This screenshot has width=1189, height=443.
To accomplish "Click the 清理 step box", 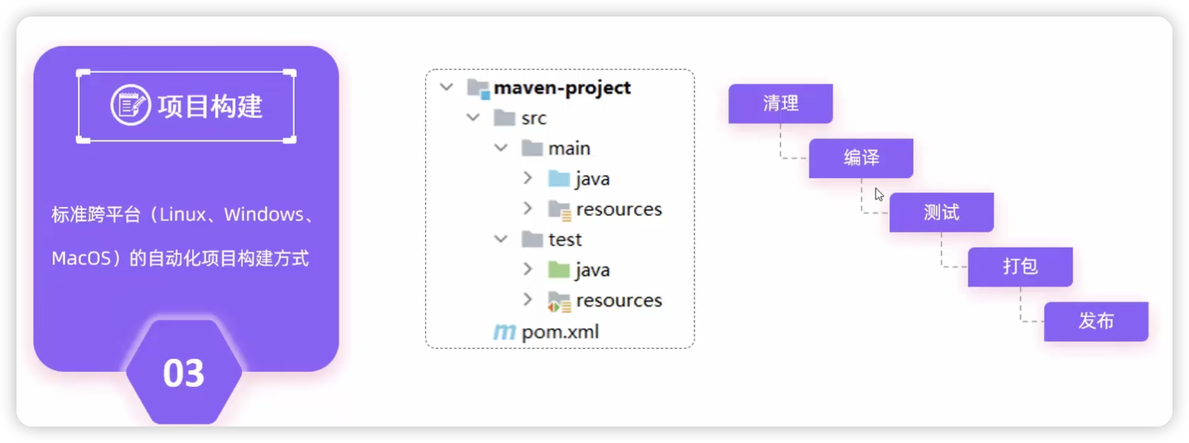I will click(x=780, y=104).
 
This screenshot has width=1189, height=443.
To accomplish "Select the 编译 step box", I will click(x=861, y=158).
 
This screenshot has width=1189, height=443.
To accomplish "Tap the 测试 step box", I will click(x=941, y=212).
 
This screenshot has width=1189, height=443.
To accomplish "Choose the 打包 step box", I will click(x=1020, y=266).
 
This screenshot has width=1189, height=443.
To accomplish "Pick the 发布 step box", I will click(x=1096, y=321).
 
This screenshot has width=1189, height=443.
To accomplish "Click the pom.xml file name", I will click(x=560, y=332).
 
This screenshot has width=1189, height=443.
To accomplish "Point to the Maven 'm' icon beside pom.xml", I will click(x=504, y=332).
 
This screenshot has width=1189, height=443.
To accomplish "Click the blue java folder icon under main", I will click(x=558, y=178).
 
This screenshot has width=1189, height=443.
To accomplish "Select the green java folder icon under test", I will click(x=558, y=269).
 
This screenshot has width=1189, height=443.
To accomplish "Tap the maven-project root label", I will click(x=562, y=88).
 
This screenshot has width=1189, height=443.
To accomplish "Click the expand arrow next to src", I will click(x=473, y=117).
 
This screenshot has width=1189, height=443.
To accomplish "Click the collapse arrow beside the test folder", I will click(x=501, y=239).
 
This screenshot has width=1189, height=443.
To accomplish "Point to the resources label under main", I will click(x=618, y=209).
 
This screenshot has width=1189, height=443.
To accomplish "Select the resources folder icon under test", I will click(x=559, y=302).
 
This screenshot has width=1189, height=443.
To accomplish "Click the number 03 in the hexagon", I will click(x=183, y=373).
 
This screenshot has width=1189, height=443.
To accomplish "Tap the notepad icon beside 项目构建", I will click(x=130, y=105).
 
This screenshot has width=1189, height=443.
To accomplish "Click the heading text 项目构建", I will click(x=210, y=106).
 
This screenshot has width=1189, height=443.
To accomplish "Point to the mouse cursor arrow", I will click(x=878, y=194).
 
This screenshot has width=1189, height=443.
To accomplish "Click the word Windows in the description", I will click(x=264, y=215).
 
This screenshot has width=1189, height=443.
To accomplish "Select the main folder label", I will click(x=569, y=148).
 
